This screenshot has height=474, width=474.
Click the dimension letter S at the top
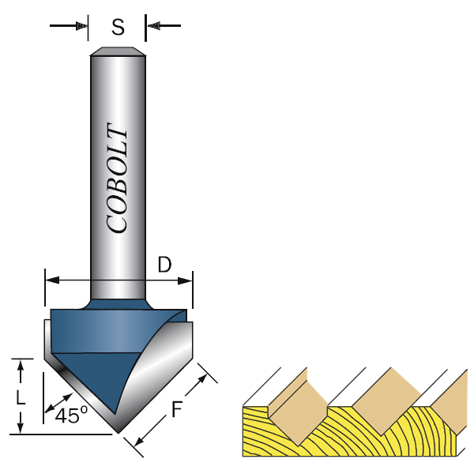[118, 28]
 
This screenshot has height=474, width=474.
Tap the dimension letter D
[164, 265]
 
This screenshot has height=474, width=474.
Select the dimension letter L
[21, 397]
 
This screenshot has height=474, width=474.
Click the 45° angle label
[71, 415]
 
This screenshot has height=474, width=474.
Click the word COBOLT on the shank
[117, 178]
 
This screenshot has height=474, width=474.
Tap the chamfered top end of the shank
[118, 52]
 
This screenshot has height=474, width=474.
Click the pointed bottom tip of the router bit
[118, 431]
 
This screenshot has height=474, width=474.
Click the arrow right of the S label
[156, 27]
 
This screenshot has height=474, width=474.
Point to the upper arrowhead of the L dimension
[21, 365]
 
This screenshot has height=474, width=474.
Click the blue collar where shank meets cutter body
[118, 303]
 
